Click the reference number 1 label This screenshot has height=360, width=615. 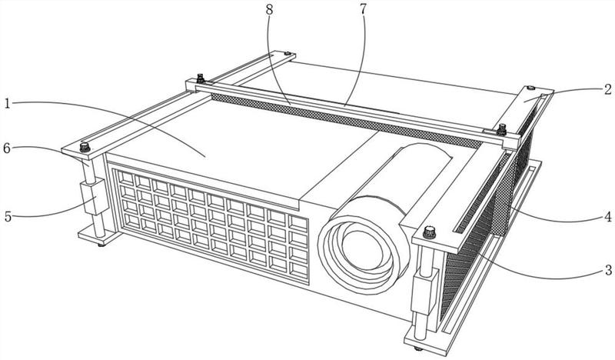7,103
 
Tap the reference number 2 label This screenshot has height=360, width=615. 607,89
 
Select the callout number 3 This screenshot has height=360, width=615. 608,270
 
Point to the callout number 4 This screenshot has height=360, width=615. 608,217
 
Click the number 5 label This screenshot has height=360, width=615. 8,216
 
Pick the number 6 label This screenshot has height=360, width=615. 7,148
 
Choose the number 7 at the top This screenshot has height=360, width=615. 363,9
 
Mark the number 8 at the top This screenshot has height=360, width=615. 269,10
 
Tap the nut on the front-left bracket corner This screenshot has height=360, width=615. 85,147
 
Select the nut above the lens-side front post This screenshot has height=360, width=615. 430,232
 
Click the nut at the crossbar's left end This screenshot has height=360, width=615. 201,78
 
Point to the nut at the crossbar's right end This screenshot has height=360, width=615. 502,128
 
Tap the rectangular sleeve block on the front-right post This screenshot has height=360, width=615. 424,292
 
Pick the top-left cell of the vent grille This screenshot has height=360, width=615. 126,178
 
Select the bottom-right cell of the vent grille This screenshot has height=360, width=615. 298,269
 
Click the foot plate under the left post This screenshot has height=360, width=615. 98,236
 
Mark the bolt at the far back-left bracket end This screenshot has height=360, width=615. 287,53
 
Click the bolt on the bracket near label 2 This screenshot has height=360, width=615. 530,88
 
